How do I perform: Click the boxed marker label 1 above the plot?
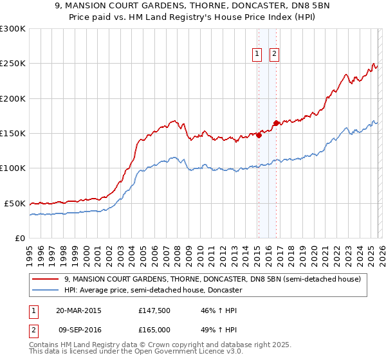(x=257, y=54)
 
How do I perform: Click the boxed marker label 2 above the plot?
(x=274, y=54)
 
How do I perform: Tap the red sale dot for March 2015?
(x=259, y=135)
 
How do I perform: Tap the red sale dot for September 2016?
(x=276, y=123)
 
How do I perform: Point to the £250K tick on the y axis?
(x=13, y=64)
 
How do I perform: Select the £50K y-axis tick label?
(x=15, y=203)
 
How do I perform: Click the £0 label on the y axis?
(x=21, y=238)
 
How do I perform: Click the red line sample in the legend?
(x=46, y=279)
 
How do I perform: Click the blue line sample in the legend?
(x=46, y=290)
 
